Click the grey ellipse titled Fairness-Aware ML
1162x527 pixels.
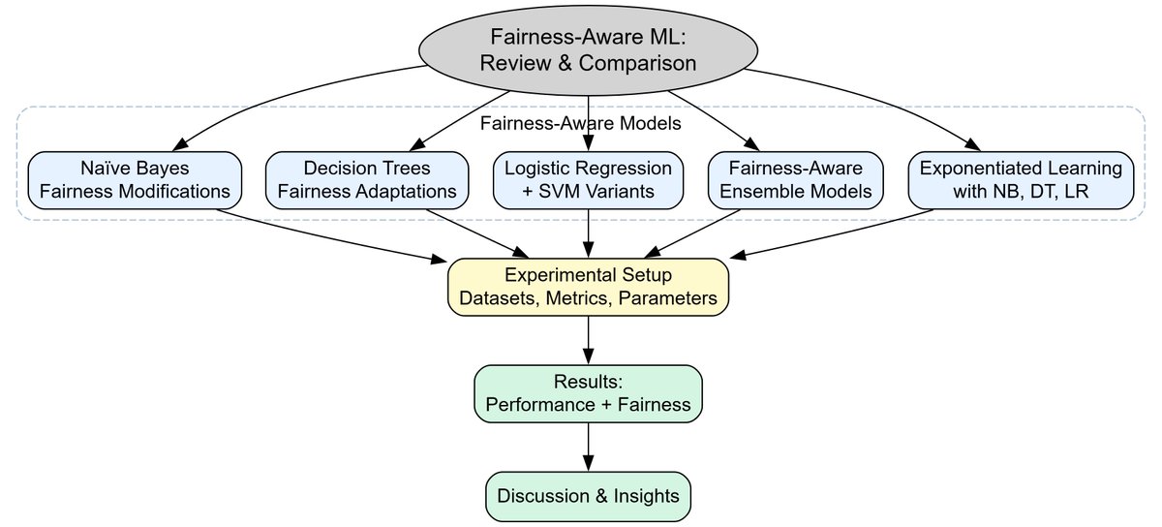pyautogui.click(x=588, y=48)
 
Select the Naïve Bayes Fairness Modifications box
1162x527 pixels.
pyautogui.click(x=135, y=180)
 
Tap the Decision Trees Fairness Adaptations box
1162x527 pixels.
pyautogui.click(x=367, y=180)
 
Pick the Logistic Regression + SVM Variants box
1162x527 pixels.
pyautogui.click(x=589, y=180)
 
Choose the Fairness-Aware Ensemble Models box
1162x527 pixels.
pyautogui.click(x=796, y=180)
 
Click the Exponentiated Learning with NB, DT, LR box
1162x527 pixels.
pyautogui.click(x=1021, y=180)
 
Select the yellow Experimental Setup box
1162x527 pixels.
pyautogui.click(x=588, y=287)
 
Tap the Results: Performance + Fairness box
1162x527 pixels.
pyautogui.click(x=588, y=393)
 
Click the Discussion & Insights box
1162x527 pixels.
pyautogui.click(x=588, y=496)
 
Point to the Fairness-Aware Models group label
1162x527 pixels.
pyautogui.click(x=580, y=124)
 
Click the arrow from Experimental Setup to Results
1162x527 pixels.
pyautogui.click(x=588, y=339)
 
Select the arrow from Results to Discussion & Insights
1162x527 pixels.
pyautogui.click(x=588, y=446)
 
